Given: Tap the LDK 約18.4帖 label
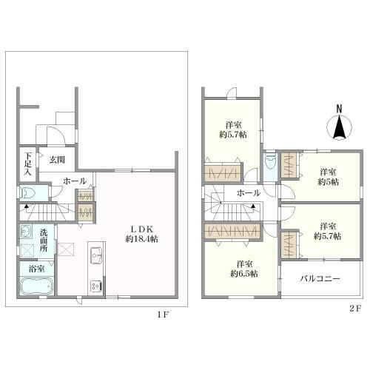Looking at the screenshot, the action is point(142,234).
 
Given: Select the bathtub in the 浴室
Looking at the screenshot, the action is point(36,286).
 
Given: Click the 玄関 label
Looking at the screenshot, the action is point(57,160).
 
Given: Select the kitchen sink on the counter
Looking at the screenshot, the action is point(97,255).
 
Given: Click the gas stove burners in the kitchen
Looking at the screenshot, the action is point(96,286).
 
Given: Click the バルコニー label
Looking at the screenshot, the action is point(320,279).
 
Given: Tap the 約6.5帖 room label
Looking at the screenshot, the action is point(244,269).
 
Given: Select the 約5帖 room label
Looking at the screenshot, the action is point(328,177).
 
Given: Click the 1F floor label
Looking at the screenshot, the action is point(164,314).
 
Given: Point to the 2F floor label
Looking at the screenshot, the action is point(355,309).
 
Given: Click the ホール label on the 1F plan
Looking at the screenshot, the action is point(75,181).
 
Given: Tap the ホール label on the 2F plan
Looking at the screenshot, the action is point(249,193).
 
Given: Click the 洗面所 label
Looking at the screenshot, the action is point(44,240).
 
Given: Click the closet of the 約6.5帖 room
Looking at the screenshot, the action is point(232,232).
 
